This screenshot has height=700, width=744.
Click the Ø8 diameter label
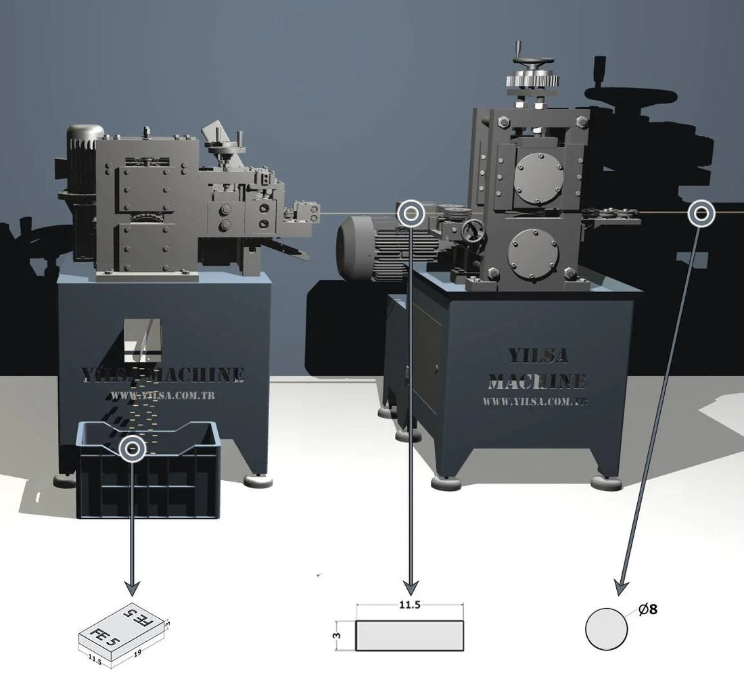click(x=648, y=609)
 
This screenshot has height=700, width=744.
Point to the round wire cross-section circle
click(x=606, y=628)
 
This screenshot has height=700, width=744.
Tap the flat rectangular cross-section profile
click(x=410, y=636)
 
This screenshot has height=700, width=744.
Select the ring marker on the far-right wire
click(x=701, y=214)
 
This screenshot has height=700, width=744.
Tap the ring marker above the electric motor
click(x=410, y=214)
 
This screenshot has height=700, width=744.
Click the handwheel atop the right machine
click(x=533, y=63)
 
